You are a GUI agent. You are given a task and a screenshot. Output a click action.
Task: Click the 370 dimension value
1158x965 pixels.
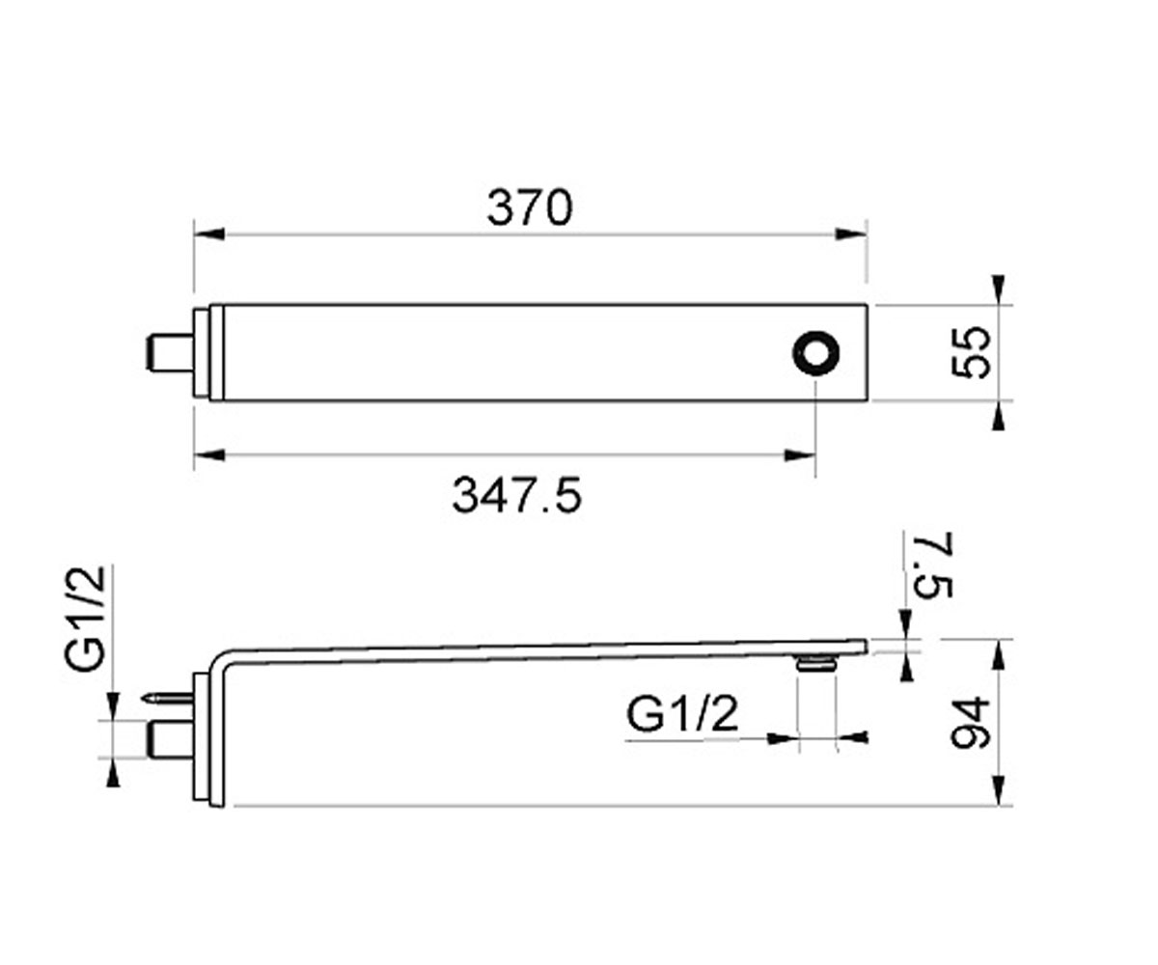(x=529, y=208)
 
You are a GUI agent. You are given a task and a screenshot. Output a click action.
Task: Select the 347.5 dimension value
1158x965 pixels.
(x=517, y=495)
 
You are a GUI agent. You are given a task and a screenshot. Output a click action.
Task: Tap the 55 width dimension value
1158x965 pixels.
(x=970, y=353)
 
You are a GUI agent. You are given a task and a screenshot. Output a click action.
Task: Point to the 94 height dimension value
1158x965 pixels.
(x=970, y=724)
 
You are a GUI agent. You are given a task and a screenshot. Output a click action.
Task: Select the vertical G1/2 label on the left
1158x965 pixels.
(x=85, y=619)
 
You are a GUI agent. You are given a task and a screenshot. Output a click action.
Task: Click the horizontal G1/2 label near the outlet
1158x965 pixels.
(x=682, y=714)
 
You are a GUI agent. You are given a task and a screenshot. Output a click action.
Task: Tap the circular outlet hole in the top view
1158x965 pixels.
(x=815, y=353)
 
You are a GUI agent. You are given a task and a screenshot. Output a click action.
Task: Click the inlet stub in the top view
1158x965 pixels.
(x=170, y=353)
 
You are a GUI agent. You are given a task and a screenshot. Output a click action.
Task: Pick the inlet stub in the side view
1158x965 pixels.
(x=170, y=739)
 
